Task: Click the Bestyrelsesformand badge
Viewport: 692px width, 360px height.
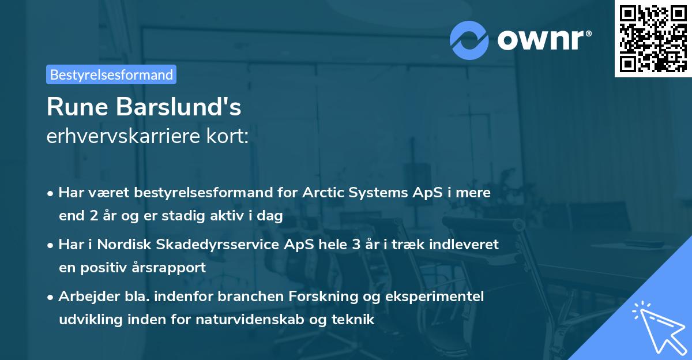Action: pyautogui.click(x=111, y=74)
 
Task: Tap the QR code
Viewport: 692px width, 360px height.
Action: pyautogui.click(x=652, y=38)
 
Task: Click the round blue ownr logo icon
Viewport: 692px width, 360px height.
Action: pyautogui.click(x=469, y=40)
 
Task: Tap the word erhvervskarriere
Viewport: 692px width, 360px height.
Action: pyautogui.click(x=122, y=137)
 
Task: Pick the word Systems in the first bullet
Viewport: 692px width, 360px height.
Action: pyautogui.click(x=377, y=193)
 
